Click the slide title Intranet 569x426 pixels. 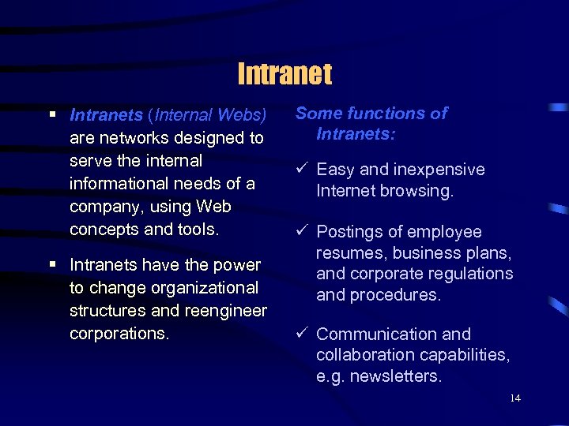(x=284, y=74)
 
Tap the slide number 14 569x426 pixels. (x=515, y=398)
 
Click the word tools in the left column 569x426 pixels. (x=198, y=230)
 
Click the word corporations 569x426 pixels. (x=119, y=333)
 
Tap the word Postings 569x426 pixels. (x=349, y=232)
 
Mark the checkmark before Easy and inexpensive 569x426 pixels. (x=302, y=170)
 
